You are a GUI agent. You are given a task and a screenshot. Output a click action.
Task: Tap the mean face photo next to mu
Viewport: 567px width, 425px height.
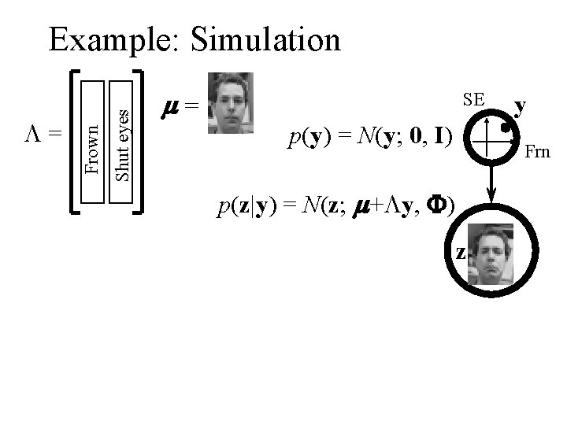(x=227, y=103)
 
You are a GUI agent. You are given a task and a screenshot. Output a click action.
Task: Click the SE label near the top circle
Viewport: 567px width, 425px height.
(x=473, y=100)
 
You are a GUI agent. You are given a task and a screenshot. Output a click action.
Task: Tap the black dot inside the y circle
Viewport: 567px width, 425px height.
(x=506, y=123)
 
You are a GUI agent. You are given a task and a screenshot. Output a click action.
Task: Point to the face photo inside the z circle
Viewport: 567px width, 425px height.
(x=491, y=254)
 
